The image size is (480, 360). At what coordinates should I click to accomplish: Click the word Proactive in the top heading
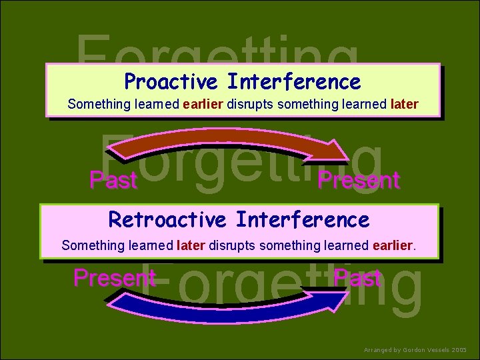coord(171,82)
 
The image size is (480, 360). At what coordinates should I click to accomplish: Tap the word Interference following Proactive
coord(293,82)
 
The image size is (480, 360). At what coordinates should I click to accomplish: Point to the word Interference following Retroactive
coord(302,219)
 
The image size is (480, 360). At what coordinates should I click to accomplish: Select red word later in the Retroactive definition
coord(191,245)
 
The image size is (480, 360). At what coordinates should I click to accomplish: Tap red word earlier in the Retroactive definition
coord(393,245)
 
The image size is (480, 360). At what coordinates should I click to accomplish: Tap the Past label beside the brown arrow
coord(113,180)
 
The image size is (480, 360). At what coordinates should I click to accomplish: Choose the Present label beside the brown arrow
coord(358,180)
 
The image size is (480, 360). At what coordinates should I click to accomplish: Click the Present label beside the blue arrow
coord(114,277)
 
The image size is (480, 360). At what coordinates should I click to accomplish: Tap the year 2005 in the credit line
coord(460,349)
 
